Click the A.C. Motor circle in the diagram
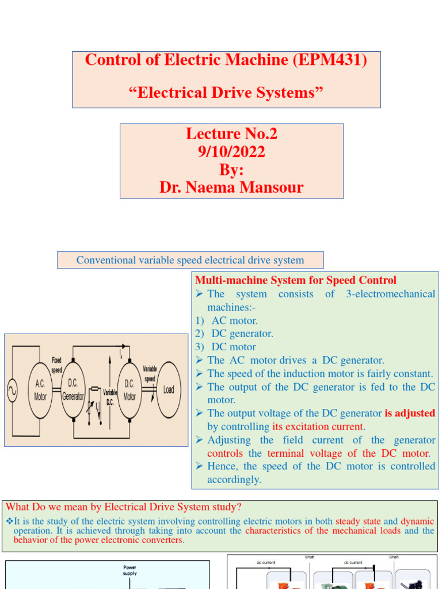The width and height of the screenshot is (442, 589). (40, 391)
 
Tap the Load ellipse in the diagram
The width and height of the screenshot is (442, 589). (168, 389)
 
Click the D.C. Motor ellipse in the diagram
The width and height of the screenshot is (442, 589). (129, 391)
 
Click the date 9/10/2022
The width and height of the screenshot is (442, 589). (231, 152)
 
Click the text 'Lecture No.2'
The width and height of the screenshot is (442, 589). (231, 134)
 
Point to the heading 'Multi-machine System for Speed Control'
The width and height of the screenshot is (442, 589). (296, 280)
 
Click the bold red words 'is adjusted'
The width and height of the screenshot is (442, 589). (410, 413)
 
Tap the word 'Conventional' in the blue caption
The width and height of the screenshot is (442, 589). (106, 260)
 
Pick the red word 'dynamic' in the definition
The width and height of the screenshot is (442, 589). (417, 521)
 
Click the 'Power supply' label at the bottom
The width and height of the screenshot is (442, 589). (129, 570)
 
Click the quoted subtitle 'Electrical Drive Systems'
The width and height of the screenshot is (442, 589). (226, 92)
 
